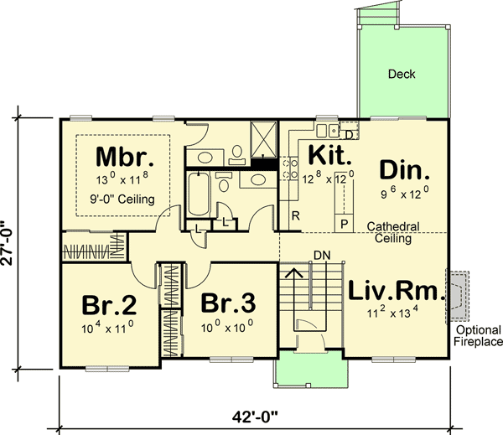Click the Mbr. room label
click(x=122, y=157)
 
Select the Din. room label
click(x=405, y=170)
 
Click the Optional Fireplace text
click(x=479, y=335)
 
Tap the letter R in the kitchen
click(x=295, y=217)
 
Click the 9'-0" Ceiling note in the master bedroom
click(x=120, y=199)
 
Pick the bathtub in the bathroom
click(x=199, y=194)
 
